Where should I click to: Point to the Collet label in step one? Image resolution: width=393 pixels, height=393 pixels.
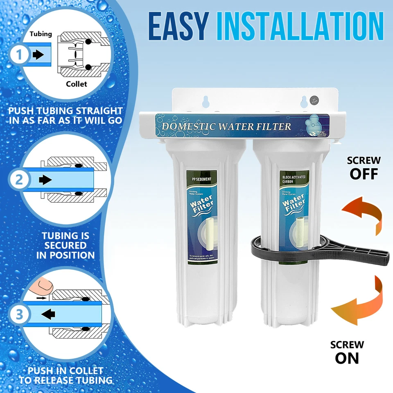click(77, 84)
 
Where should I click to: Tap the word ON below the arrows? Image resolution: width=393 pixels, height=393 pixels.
click(347, 358)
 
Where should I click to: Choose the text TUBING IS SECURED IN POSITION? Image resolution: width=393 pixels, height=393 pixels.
click(65, 245)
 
